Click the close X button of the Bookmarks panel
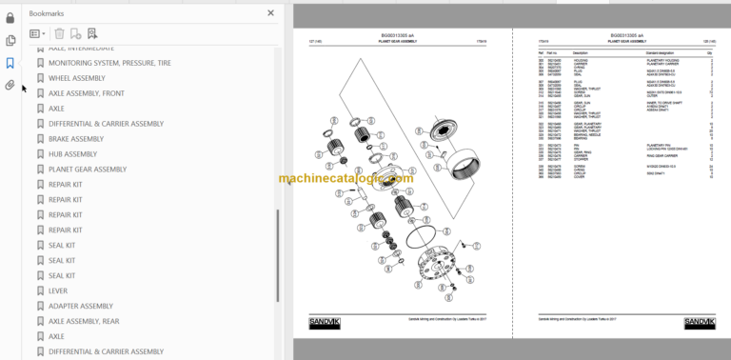270,13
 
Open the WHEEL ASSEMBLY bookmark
77,78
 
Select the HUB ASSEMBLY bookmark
72,154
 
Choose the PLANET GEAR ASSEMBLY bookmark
88,170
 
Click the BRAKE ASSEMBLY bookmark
76,139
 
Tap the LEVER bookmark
58,290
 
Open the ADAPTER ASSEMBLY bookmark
81,306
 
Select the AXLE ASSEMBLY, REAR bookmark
84,321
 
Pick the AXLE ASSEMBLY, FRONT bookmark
87,93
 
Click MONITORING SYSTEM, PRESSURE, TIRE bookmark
109,63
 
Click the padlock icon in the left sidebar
10,17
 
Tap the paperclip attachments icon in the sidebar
10,85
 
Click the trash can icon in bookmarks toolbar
59,33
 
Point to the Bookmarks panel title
49,13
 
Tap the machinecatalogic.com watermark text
346,178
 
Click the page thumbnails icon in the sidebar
10,40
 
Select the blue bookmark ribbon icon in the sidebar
10,63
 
